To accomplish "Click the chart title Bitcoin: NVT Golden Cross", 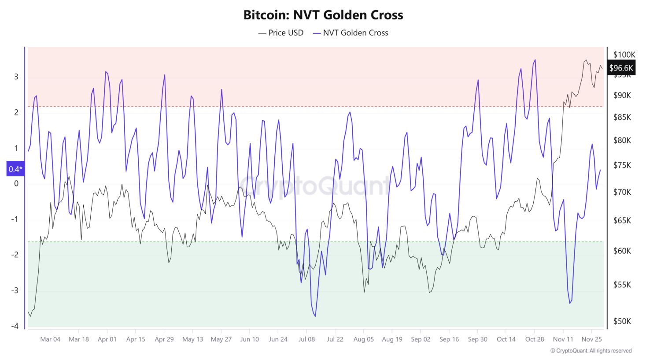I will [x=323, y=15].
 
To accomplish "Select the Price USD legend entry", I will [x=281, y=33].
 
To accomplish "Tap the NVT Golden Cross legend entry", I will [x=351, y=33].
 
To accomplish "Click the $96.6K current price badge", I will [x=621, y=68].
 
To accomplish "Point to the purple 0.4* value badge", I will [x=15, y=169].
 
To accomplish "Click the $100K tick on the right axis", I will [x=624, y=55].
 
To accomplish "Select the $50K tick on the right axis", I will [x=622, y=321].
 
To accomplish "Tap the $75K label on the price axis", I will [x=622, y=165].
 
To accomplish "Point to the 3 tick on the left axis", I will [x=16, y=77].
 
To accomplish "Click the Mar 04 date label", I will [x=50, y=339].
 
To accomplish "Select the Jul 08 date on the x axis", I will [x=306, y=339].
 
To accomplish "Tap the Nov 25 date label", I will [x=591, y=339].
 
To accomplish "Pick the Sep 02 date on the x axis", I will [x=420, y=339].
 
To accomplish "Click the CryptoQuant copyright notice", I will [x=591, y=351].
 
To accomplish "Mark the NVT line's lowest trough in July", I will [x=315, y=316].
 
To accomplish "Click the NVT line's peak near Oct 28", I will [x=535, y=60].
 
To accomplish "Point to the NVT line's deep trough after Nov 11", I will [x=570, y=303].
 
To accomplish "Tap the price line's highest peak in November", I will [x=586, y=60].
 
